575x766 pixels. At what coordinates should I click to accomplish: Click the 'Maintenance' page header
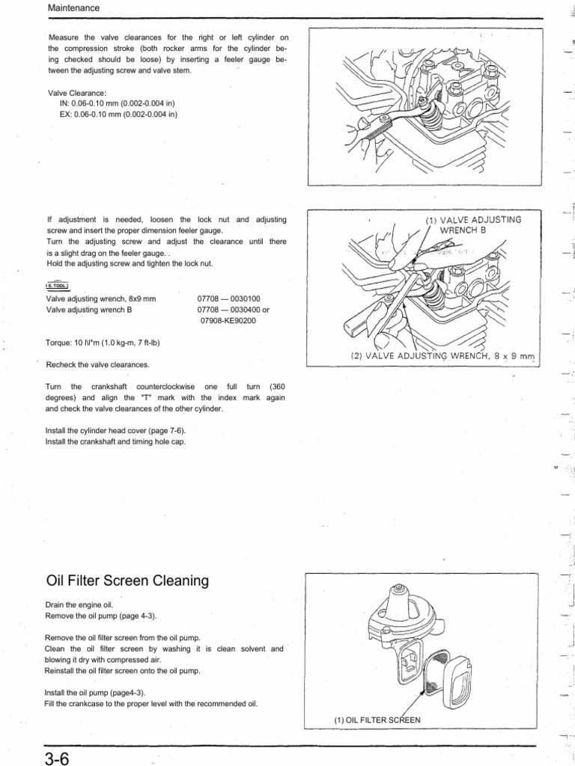73,7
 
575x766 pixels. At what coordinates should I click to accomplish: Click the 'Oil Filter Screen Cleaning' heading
127,580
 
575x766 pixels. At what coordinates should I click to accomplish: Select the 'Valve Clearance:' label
78,93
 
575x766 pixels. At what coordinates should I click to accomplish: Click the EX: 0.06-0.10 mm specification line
118,114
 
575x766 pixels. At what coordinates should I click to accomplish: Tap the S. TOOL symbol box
58,286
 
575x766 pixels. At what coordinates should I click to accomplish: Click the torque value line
103,343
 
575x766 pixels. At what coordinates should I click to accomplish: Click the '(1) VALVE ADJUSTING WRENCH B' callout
472,224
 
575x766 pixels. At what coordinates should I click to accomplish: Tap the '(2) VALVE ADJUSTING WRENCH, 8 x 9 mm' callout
444,356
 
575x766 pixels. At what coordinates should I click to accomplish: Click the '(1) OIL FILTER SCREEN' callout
377,720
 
